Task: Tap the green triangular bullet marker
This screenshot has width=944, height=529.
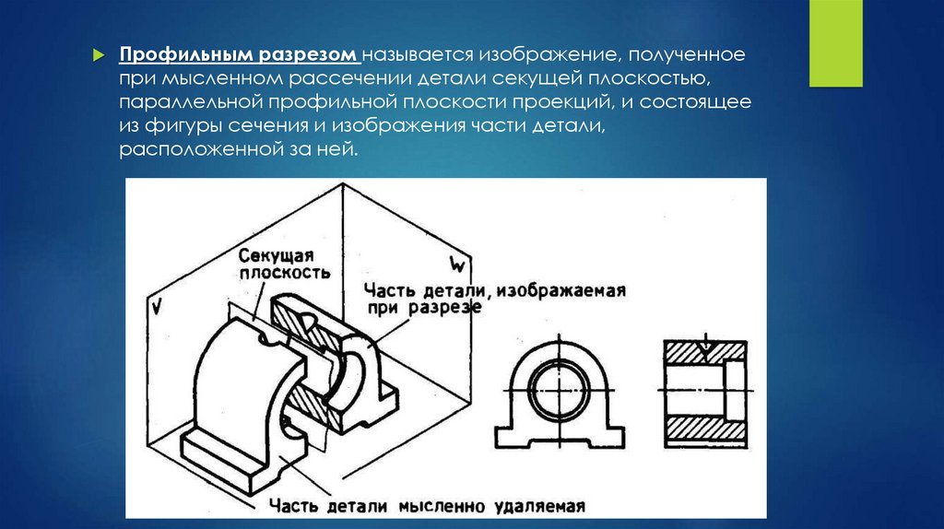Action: click(99, 56)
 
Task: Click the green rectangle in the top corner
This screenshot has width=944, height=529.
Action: click(835, 43)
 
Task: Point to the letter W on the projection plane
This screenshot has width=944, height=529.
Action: click(457, 264)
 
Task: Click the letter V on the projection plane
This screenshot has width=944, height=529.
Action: click(157, 307)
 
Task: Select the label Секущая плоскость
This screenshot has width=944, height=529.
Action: click(284, 264)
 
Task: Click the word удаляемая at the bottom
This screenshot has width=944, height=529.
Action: click(539, 506)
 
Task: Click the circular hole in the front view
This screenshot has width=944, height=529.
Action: click(560, 391)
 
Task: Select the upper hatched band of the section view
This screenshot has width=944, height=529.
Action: click(705, 352)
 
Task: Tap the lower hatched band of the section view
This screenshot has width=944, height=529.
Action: click(705, 428)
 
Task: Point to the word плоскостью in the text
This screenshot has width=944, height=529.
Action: click(649, 79)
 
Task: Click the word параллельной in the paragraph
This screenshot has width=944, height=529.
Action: click(192, 101)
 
